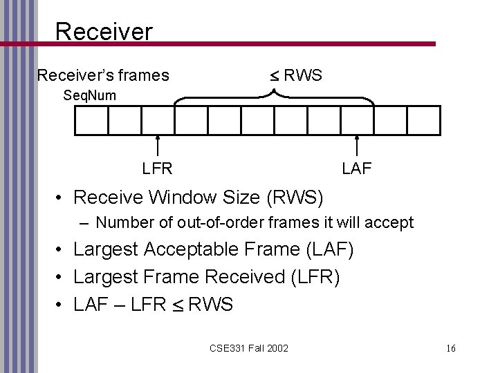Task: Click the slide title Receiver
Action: pyautogui.click(x=103, y=30)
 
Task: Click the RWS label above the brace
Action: pyautogui.click(x=297, y=75)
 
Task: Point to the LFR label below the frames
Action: pyautogui.click(x=158, y=167)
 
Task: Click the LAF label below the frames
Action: pyautogui.click(x=357, y=167)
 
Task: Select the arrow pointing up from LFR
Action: pyautogui.click(x=158, y=146)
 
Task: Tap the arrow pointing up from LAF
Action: pyautogui.click(x=357, y=146)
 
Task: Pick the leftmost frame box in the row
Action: pyautogui.click(x=91, y=120)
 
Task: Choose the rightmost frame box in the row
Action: pyautogui.click(x=423, y=120)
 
